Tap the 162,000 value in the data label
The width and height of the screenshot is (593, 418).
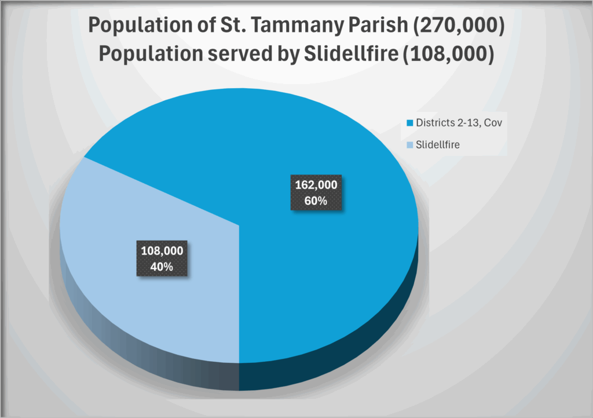coord(316,186)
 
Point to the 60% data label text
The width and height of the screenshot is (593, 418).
coord(316,201)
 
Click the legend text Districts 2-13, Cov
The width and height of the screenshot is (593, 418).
coord(455,122)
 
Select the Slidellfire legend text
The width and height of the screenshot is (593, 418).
coord(438,144)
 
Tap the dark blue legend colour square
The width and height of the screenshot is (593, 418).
coord(411,123)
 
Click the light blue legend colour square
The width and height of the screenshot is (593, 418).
coord(411,145)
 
